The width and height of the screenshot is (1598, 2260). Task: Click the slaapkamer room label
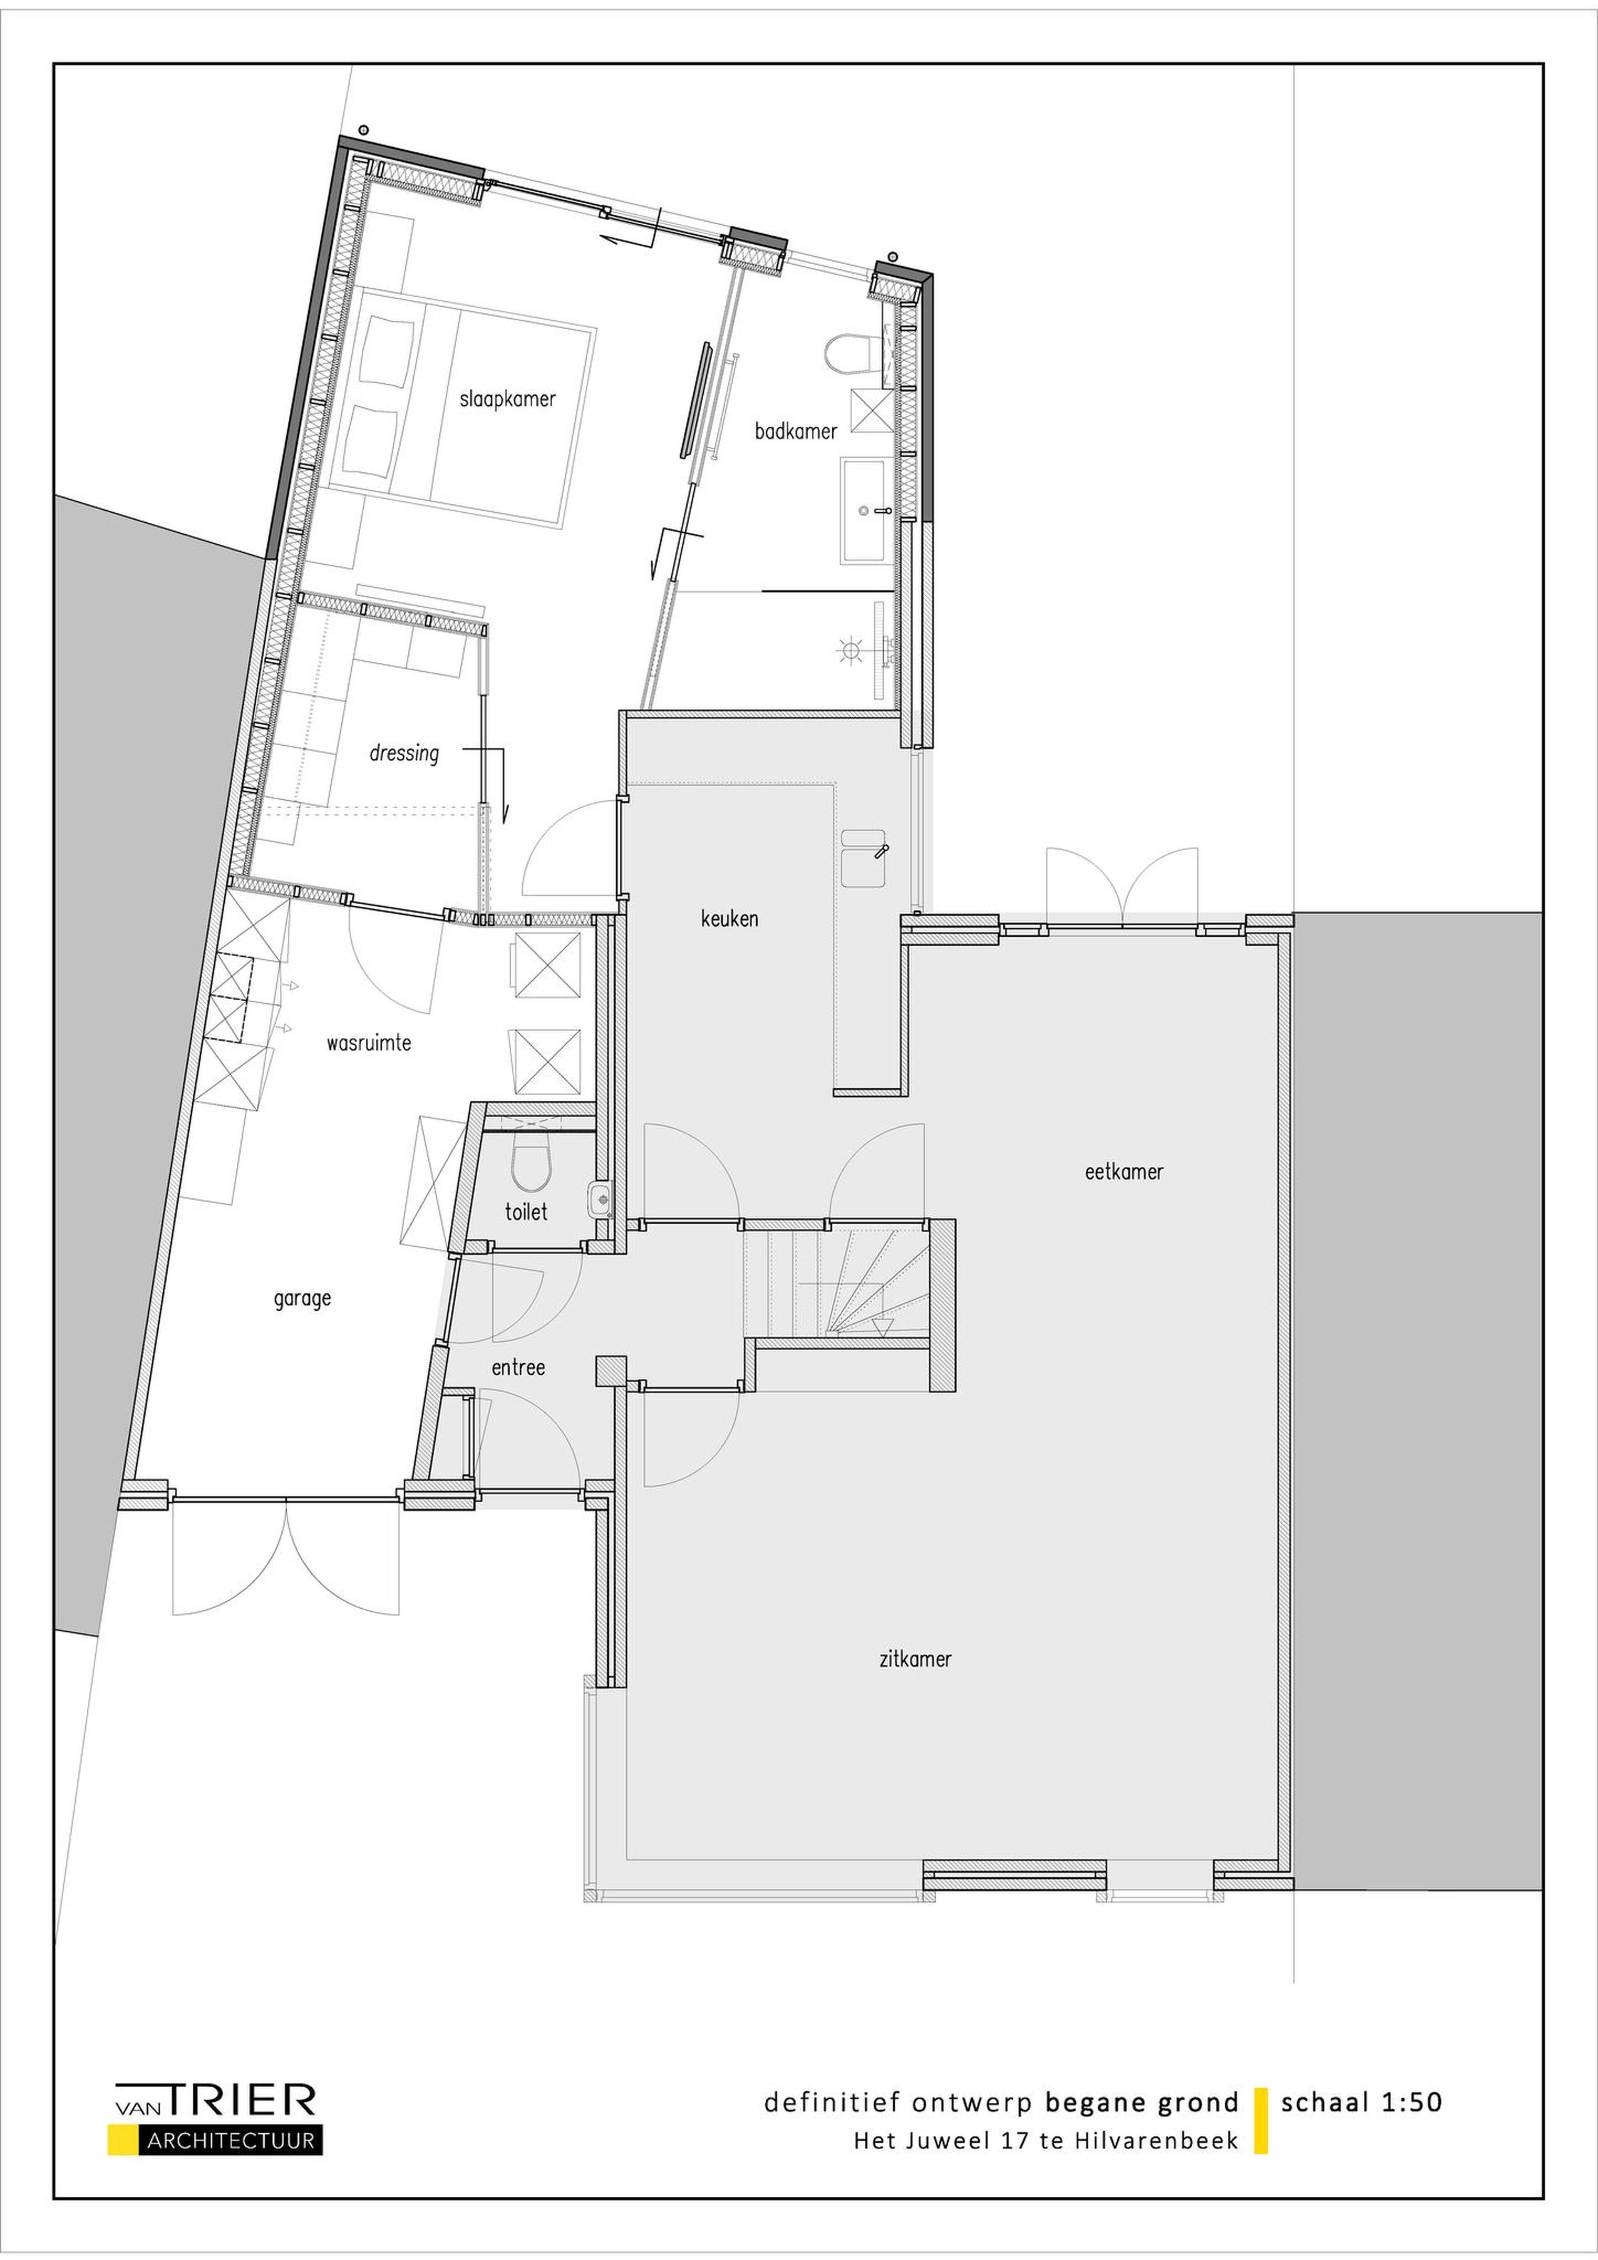pos(507,399)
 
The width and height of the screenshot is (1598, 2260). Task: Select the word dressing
pos(404,754)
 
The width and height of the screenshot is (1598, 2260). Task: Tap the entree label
pos(518,1367)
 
